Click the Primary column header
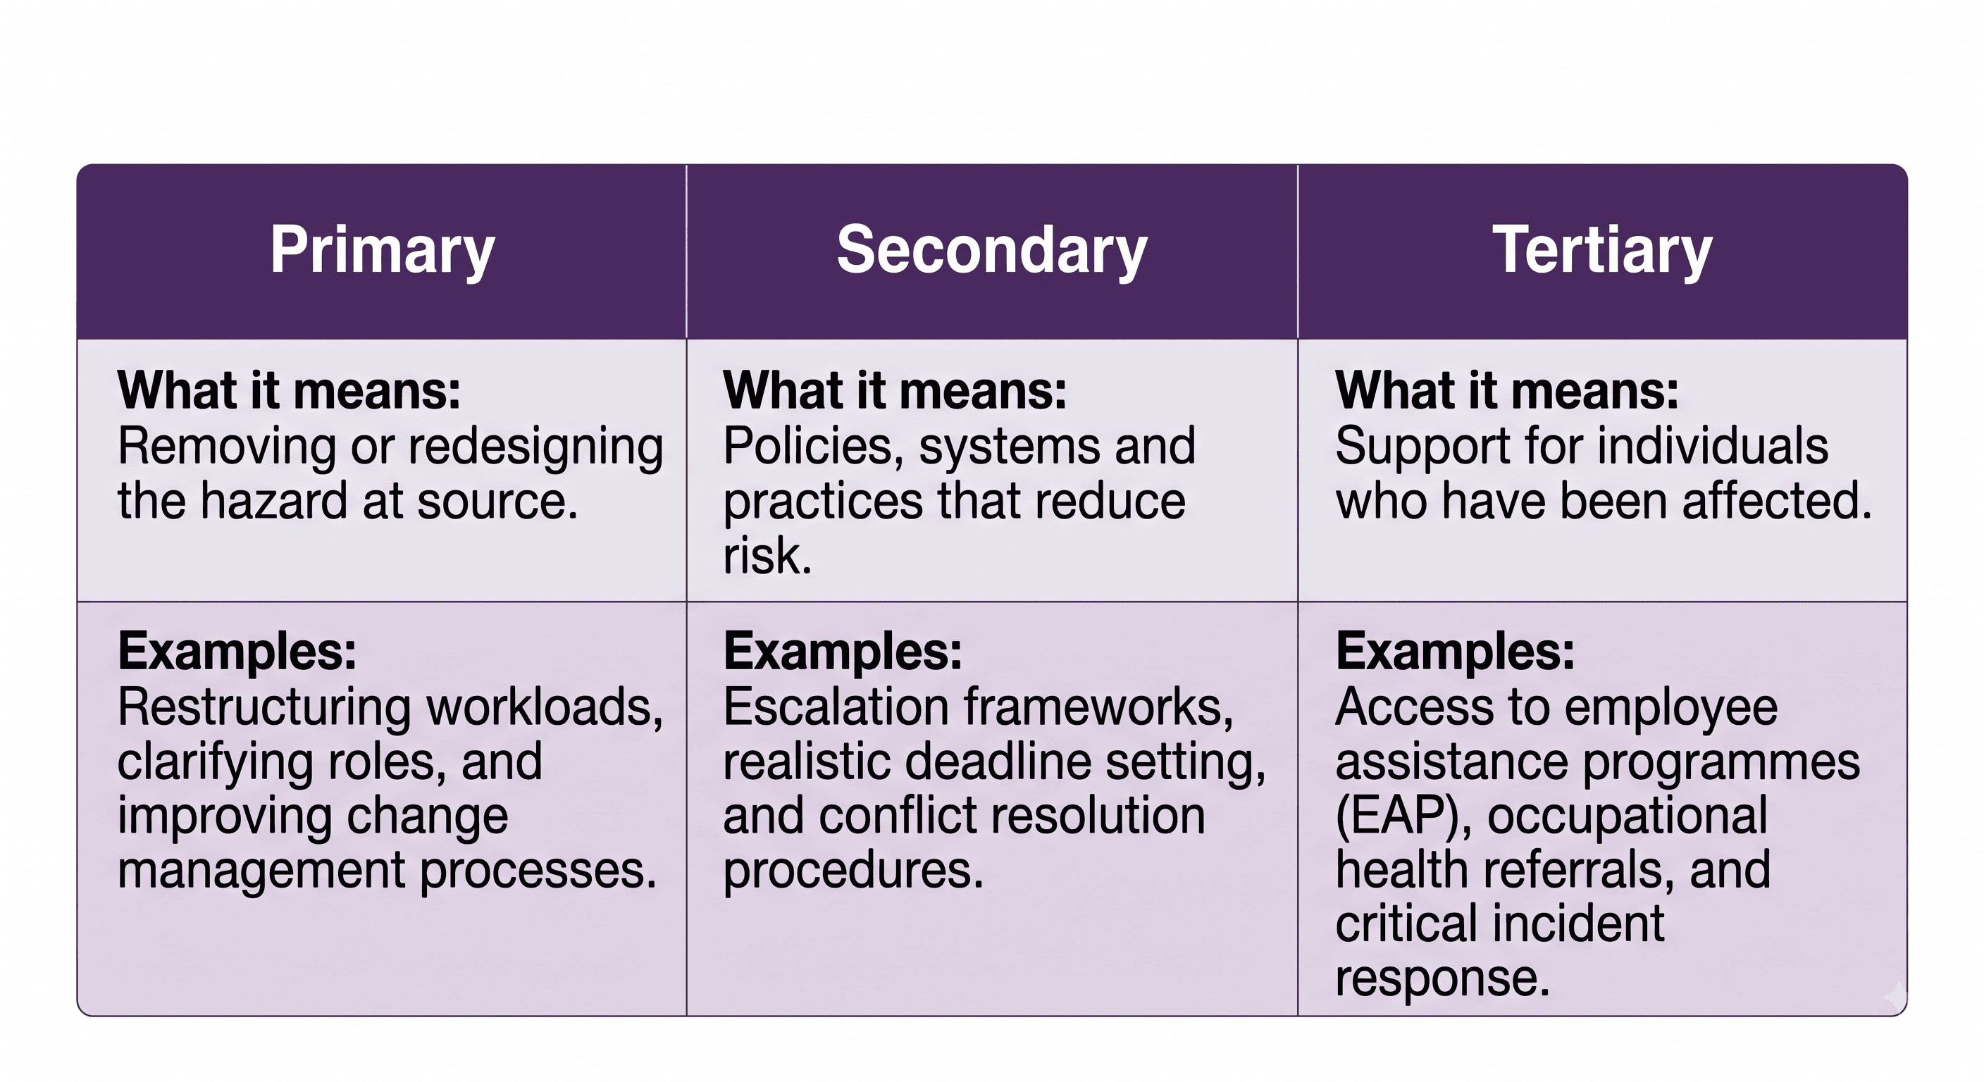pyautogui.click(x=382, y=250)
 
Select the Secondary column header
pyautogui.click(x=992, y=249)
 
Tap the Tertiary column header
pyautogui.click(x=1602, y=249)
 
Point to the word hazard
pyautogui.click(x=274, y=502)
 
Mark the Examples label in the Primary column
pyautogui.click(x=237, y=652)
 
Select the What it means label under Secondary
pyautogui.click(x=895, y=390)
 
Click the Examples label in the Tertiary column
pyautogui.click(x=1455, y=652)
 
